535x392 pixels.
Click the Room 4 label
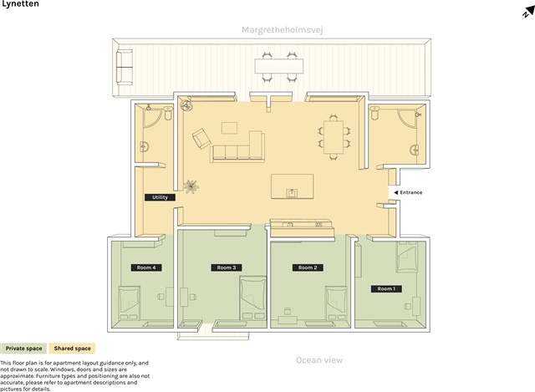pyautogui.click(x=146, y=267)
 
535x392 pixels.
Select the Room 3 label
pyautogui.click(x=227, y=267)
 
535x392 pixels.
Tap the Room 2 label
pyautogui.click(x=308, y=267)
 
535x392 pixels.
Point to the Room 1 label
pyautogui.click(x=386, y=289)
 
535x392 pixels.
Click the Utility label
pyautogui.click(x=160, y=197)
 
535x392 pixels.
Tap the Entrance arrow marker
pyautogui.click(x=395, y=192)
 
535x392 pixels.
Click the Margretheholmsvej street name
pyautogui.click(x=283, y=30)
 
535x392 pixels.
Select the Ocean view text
pyautogui.click(x=319, y=360)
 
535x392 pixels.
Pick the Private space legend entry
pyautogui.click(x=23, y=349)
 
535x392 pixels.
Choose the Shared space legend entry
pyautogui.click(x=72, y=349)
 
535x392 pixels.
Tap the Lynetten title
pyautogui.click(x=20, y=3)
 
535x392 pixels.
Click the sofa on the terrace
pyautogui.click(x=125, y=67)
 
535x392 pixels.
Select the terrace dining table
pyautogui.click(x=279, y=66)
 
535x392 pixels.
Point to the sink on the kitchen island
pyautogui.click(x=292, y=193)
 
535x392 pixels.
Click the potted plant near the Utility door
pyautogui.click(x=191, y=186)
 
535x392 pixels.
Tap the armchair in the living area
pyautogui.click(x=201, y=138)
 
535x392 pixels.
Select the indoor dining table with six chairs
pyautogui.click(x=334, y=137)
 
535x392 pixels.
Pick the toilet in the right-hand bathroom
pyautogui.click(x=374, y=113)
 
